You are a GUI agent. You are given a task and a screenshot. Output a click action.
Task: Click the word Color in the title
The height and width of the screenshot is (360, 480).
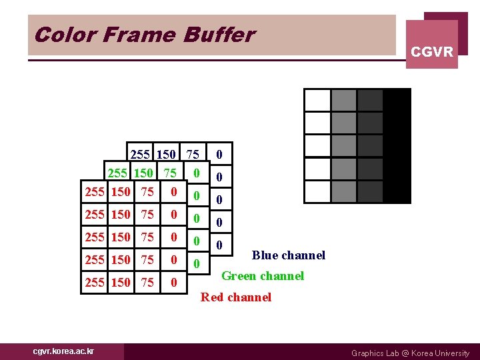coord(55,35)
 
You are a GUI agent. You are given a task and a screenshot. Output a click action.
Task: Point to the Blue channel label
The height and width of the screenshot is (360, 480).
coord(288,255)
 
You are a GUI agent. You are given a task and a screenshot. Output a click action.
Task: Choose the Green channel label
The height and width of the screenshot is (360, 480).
coord(262,276)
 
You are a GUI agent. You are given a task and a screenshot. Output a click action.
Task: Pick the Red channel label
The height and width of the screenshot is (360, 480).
coord(236,297)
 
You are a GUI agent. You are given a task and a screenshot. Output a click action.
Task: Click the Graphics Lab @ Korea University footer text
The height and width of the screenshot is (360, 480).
coord(410,353)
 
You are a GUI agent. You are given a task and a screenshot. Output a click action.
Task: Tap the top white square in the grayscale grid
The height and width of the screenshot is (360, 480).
coord(317,100)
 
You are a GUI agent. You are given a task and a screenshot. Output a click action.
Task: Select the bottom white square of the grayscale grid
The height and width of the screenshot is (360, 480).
coord(317,191)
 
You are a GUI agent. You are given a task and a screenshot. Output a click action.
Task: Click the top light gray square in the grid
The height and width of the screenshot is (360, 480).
coord(343,100)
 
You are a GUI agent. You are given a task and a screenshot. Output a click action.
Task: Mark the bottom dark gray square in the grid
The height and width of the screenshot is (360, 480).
coord(370,191)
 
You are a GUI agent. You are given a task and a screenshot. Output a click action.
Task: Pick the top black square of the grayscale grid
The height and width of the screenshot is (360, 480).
coord(397,100)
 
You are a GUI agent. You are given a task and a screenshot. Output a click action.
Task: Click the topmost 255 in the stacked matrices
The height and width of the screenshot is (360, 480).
coord(141,155)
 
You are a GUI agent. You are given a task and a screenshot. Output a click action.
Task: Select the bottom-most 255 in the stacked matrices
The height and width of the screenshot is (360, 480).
coord(95,283)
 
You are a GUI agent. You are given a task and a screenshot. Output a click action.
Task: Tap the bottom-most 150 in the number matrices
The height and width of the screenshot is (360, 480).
coord(121,283)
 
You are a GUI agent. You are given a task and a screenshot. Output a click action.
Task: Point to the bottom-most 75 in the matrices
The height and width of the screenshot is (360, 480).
coord(147,283)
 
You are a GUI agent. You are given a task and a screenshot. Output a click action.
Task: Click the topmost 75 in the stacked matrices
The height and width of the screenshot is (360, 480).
coord(193,155)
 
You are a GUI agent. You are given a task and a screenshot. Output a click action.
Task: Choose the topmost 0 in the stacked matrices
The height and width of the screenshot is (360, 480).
coord(219,155)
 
